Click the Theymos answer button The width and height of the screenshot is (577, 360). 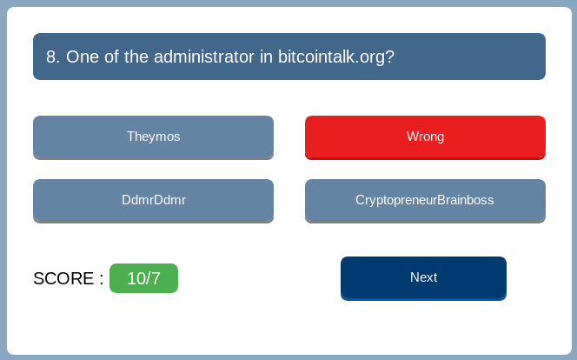[x=153, y=137]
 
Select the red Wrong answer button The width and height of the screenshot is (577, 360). [x=425, y=137]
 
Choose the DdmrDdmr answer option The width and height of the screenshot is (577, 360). [x=153, y=201]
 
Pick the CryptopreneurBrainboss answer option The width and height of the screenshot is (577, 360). [x=425, y=201]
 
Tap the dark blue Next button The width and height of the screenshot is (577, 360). [x=423, y=278]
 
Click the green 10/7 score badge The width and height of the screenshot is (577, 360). [x=143, y=278]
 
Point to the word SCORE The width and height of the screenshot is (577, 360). [x=63, y=278]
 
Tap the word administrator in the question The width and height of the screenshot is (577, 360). [x=204, y=57]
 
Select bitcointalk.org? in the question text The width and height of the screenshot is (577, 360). [x=336, y=57]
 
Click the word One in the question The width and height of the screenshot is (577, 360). [x=83, y=57]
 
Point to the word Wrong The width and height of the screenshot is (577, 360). [x=425, y=137]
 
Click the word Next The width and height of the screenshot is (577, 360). [x=423, y=277]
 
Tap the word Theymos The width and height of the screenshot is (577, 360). [x=154, y=137]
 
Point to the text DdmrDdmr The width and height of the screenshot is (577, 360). [x=154, y=200]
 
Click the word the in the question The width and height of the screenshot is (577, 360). [x=136, y=57]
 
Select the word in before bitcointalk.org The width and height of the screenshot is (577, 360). [x=266, y=57]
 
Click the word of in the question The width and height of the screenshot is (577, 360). [x=111, y=57]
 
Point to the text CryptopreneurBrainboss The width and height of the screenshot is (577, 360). [x=425, y=200]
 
